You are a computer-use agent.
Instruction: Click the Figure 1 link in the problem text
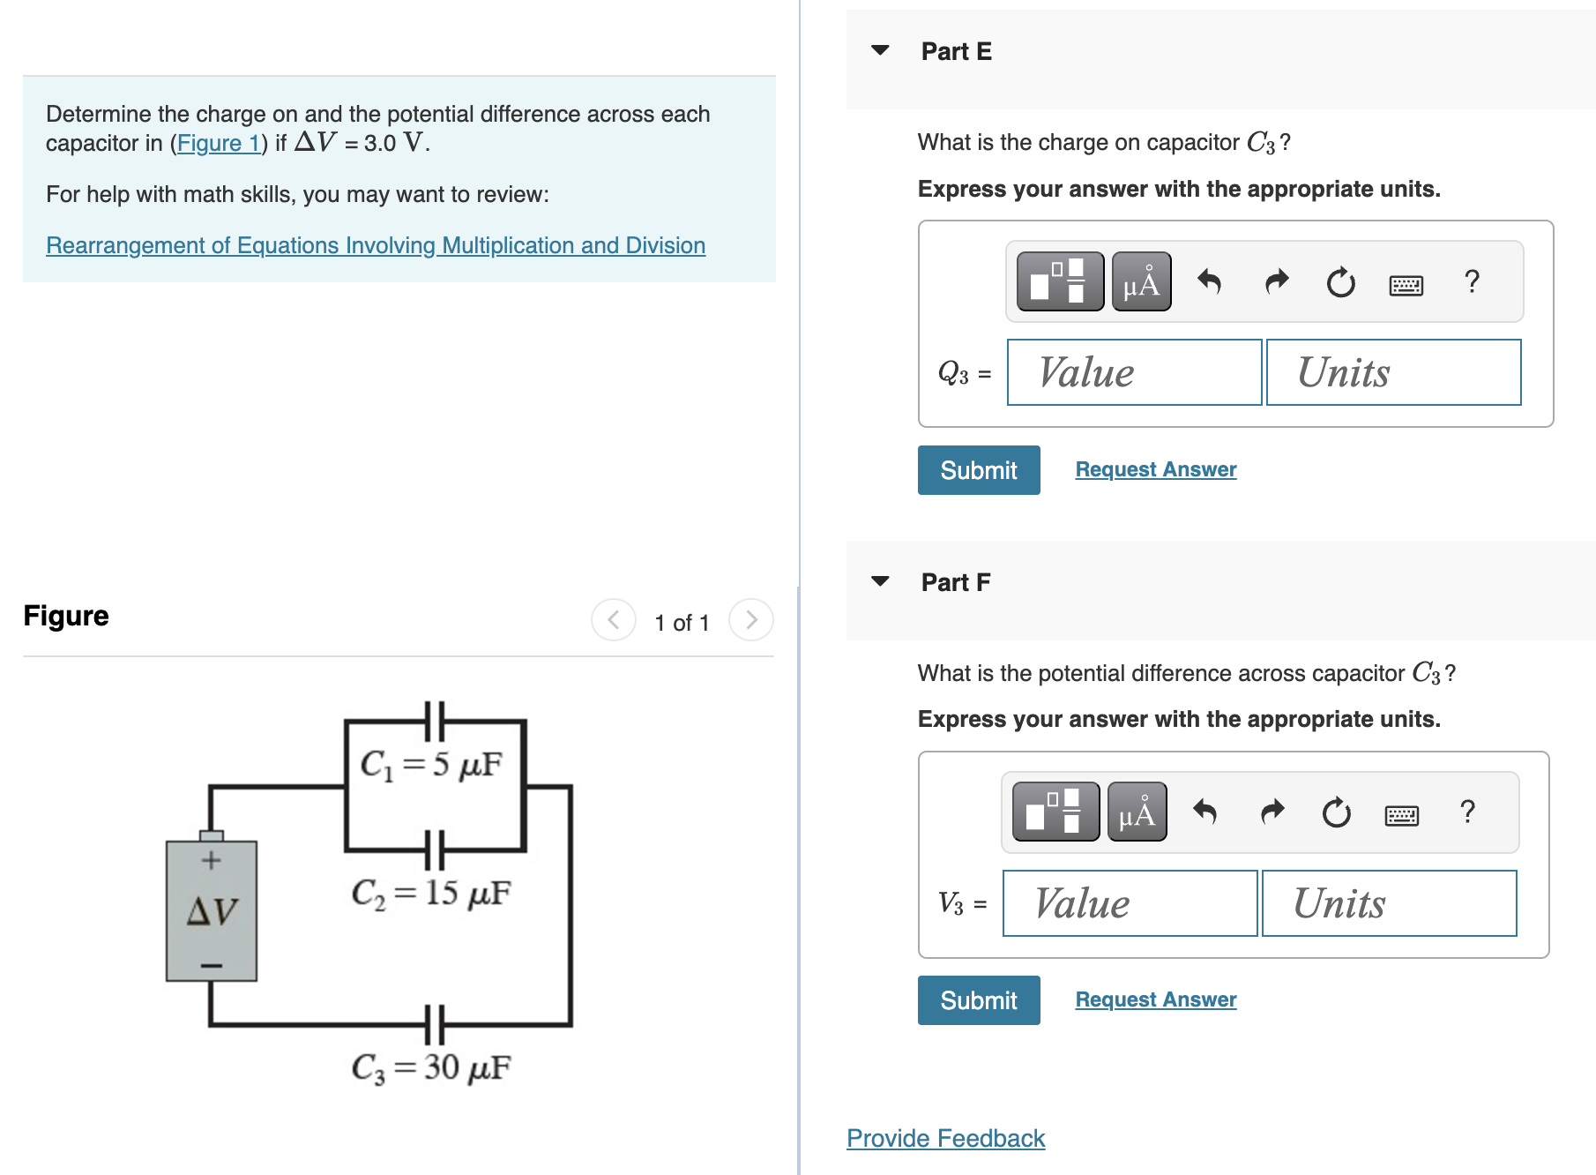click(x=217, y=143)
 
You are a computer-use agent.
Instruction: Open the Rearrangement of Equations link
click(x=376, y=245)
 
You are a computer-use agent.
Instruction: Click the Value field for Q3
click(x=1134, y=372)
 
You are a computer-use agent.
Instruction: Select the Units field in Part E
click(x=1393, y=372)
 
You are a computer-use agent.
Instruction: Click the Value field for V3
click(x=1130, y=903)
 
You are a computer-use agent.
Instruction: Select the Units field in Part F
click(x=1389, y=903)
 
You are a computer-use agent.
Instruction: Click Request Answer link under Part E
click(x=1155, y=469)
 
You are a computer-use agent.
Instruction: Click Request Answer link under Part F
click(x=1155, y=999)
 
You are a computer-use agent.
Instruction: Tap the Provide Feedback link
click(x=945, y=1138)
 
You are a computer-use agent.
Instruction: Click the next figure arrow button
click(x=751, y=620)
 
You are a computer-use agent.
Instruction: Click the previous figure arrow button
click(x=614, y=620)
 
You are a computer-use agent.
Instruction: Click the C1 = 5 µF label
click(x=431, y=764)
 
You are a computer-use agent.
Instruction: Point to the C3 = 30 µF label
click(x=431, y=1067)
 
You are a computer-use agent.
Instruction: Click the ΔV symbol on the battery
click(x=212, y=910)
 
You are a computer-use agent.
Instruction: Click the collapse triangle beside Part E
click(x=880, y=50)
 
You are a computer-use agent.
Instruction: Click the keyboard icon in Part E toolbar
click(x=1406, y=284)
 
